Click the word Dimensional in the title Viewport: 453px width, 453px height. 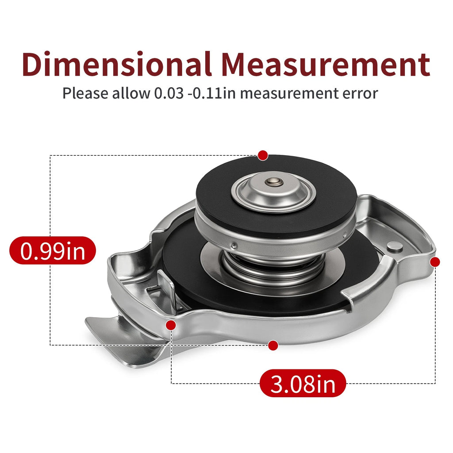116,64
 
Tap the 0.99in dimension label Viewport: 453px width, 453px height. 53,250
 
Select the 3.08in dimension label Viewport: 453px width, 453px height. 303,384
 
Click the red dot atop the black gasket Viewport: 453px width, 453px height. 263,155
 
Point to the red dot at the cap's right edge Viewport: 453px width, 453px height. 435,262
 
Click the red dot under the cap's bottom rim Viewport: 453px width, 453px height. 273,345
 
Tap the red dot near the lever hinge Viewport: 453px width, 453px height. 171,325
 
